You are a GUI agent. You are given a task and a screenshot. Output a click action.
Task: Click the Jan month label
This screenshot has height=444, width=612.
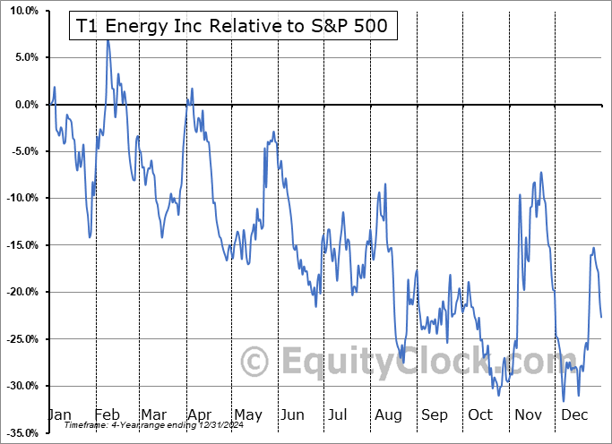point(58,414)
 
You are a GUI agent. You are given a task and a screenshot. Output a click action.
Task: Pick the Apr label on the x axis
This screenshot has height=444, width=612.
point(199,414)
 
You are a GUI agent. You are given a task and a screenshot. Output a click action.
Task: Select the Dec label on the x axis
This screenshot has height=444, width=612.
point(575,414)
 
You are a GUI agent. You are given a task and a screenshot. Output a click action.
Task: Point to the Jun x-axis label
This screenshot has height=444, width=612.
point(293,414)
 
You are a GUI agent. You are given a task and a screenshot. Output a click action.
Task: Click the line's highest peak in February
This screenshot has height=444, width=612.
point(108,40)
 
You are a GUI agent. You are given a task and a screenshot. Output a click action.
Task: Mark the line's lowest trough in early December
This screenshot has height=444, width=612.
point(563,401)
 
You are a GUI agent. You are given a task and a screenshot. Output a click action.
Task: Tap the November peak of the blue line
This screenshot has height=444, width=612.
point(540,173)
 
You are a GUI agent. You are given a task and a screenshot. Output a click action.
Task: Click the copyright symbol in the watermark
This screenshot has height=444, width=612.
point(256,363)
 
